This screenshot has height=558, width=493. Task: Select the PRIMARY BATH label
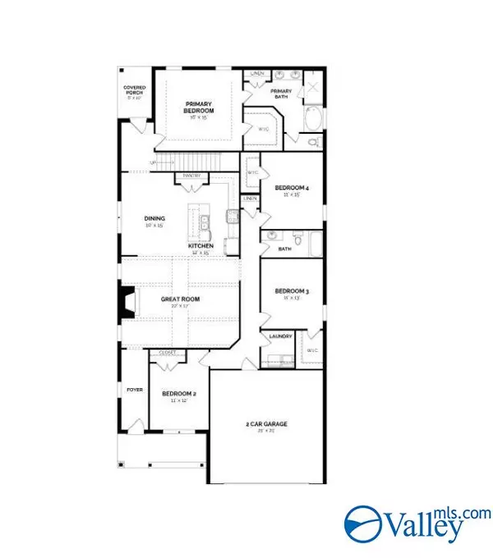281,93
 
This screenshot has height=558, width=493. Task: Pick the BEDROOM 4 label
291,187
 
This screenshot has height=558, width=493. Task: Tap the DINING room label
155,218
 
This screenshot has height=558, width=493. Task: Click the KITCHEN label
200,246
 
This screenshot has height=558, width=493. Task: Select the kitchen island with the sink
197,220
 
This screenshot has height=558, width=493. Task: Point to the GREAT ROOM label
180,299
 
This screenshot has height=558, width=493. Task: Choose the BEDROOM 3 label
291,291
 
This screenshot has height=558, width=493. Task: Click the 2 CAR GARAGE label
266,423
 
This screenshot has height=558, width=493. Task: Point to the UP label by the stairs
153,162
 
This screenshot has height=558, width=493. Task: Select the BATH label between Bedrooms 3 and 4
285,248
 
